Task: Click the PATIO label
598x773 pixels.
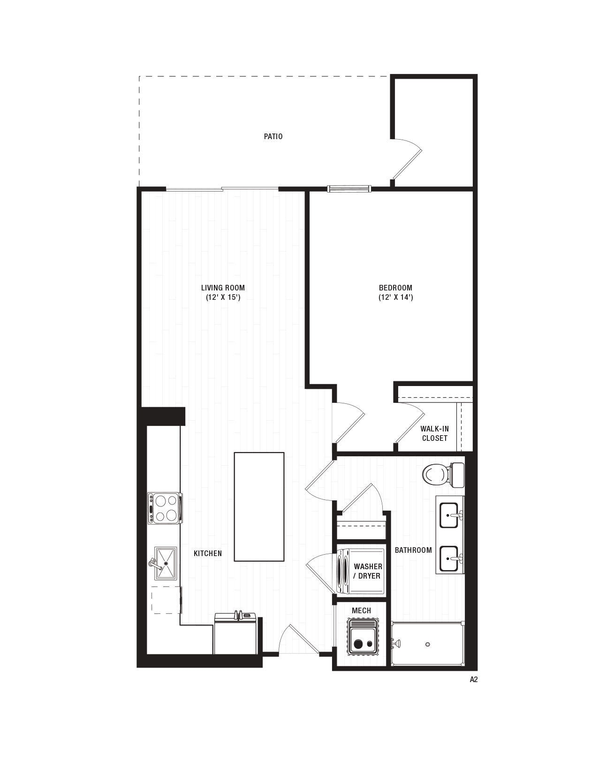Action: [x=273, y=136]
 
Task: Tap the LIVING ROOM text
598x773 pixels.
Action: [x=223, y=288]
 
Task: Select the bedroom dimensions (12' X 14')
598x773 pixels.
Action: [x=395, y=297]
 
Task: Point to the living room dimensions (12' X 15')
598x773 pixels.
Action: [x=223, y=297]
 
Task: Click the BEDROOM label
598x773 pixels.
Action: [x=395, y=288]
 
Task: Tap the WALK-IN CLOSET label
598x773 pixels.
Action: [x=434, y=433]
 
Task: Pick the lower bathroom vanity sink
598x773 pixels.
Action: [x=449, y=558]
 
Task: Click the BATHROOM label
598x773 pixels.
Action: [x=413, y=550]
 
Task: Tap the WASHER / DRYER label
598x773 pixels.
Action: [x=367, y=571]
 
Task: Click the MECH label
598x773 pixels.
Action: [x=361, y=610]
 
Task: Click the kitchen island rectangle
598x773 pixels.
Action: [x=259, y=506]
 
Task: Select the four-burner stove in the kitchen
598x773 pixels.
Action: [x=164, y=508]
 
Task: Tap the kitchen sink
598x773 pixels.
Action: [x=165, y=563]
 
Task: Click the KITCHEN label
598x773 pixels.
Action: [x=208, y=553]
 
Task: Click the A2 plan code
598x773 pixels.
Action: [x=473, y=679]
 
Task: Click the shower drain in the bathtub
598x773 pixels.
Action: [x=428, y=644]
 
